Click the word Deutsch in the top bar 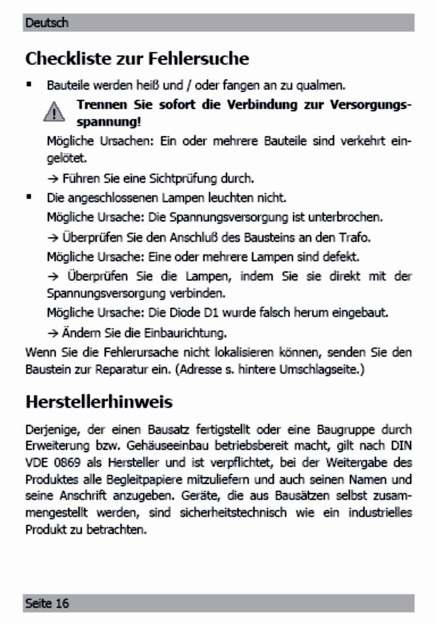coord(47,23)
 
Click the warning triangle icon coord(54,113)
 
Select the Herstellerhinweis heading coord(99,402)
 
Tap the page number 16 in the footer coord(62,603)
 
